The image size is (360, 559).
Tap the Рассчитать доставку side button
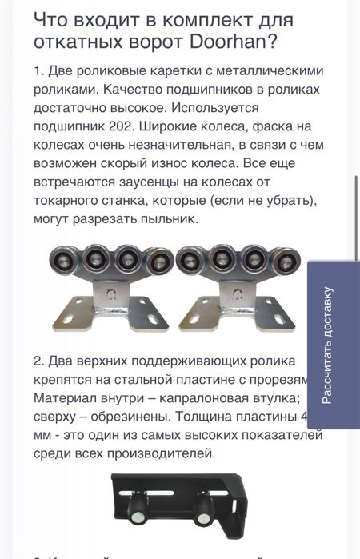334,344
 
